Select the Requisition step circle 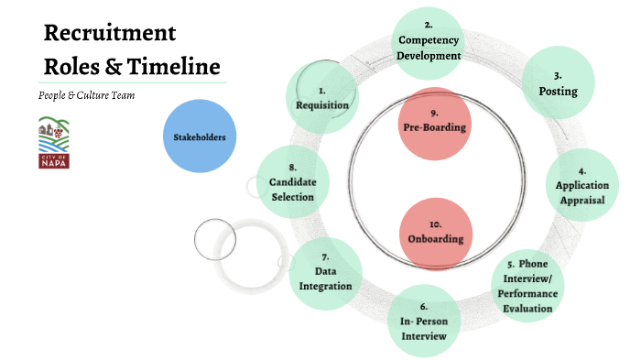322,97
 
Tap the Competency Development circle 429,41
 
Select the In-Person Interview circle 423,321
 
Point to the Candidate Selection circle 292,181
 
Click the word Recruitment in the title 110,33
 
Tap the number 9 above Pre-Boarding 436,114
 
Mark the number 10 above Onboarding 436,224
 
